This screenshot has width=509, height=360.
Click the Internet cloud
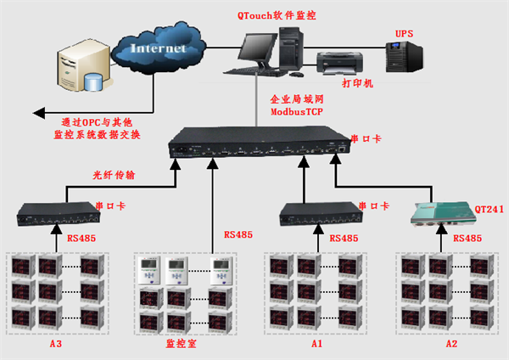(165, 49)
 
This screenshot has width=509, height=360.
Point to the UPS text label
(404, 34)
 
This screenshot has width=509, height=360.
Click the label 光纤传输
(114, 176)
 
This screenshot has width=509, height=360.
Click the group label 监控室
(182, 346)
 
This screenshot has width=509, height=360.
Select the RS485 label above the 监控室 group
(238, 234)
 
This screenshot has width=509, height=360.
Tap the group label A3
(56, 345)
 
